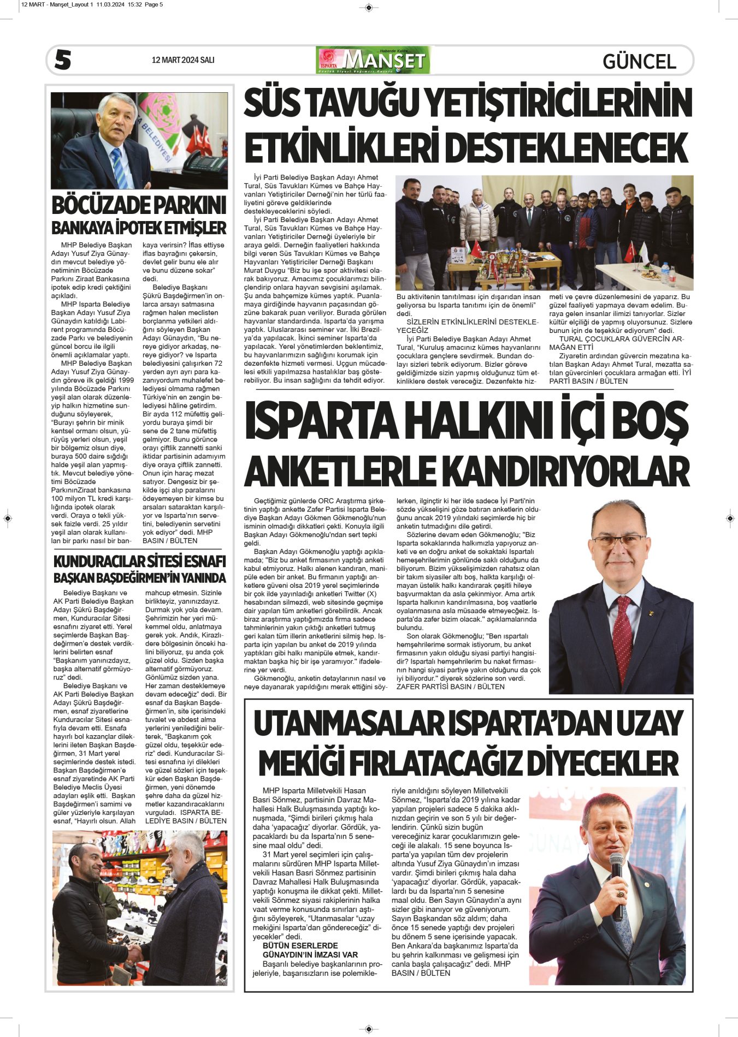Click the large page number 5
63,59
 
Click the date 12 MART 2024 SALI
183,60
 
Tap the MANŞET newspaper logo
373,60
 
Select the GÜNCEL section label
639,61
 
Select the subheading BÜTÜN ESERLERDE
300,945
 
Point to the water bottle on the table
664,275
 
